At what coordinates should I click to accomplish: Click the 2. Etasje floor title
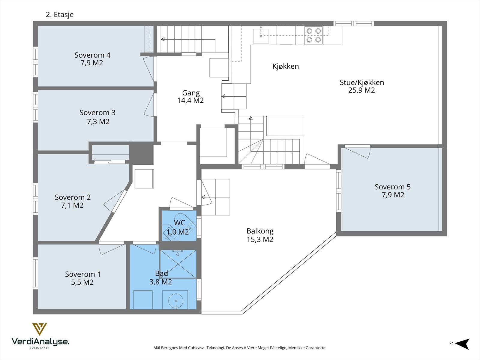59,15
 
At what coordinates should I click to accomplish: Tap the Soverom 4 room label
92,55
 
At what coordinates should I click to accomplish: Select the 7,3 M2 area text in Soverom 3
98,121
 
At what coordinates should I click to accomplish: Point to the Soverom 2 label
73,197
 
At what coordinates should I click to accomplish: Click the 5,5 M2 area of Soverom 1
82,282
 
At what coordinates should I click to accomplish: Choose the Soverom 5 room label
392,187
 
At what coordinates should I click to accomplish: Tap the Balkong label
260,231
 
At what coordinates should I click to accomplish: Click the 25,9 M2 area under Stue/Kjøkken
361,90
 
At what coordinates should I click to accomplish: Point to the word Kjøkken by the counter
286,66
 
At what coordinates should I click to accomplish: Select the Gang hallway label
191,93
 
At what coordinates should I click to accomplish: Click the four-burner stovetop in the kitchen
313,35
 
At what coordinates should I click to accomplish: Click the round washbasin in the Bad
175,301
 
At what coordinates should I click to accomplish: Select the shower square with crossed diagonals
178,264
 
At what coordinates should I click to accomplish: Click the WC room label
179,223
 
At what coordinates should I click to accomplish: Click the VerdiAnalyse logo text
40,341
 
